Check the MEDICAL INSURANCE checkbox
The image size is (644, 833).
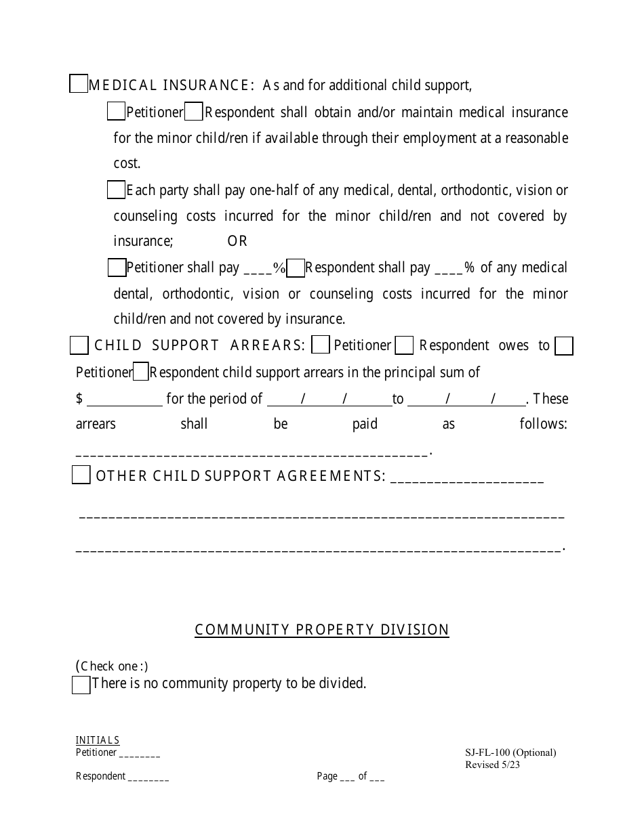pyautogui.click(x=79, y=84)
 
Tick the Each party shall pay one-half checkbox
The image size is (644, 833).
pyautogui.click(x=116, y=190)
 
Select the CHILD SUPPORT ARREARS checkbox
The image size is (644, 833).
pyautogui.click(x=79, y=345)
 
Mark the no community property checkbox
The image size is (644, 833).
pyautogui.click(x=81, y=685)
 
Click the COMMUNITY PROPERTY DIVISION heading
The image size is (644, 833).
pyautogui.click(x=322, y=630)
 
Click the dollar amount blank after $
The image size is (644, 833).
pyautogui.click(x=125, y=400)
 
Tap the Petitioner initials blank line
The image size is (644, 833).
pyautogui.click(x=140, y=754)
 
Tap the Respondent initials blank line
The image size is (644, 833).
pyautogui.click(x=148, y=777)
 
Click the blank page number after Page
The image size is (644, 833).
pyautogui.click(x=347, y=777)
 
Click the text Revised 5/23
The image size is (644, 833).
pyautogui.click(x=493, y=765)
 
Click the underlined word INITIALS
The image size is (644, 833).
pyautogui.click(x=98, y=740)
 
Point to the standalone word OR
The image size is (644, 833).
pyautogui.click(x=237, y=241)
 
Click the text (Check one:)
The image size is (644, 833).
pyautogui.click(x=112, y=666)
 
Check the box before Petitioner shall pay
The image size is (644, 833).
pyautogui.click(x=117, y=268)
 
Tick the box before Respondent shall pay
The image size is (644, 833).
pyautogui.click(x=296, y=268)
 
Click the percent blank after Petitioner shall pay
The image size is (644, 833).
pyautogui.click(x=258, y=269)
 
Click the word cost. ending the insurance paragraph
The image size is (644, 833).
pyautogui.click(x=127, y=163)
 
